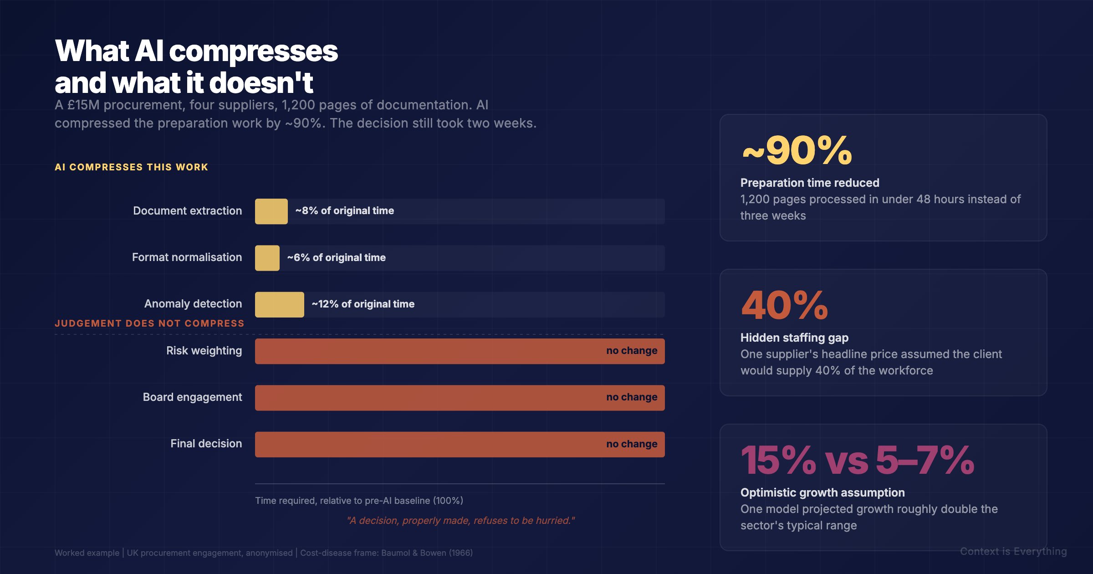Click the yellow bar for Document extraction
point(271,211)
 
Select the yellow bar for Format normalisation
point(267,258)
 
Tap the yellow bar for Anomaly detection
point(279,304)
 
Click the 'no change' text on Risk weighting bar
point(631,351)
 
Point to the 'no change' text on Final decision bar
point(631,444)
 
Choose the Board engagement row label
point(192,397)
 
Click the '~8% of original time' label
point(344,211)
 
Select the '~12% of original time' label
point(363,304)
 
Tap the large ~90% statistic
point(797,151)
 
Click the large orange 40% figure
point(784,306)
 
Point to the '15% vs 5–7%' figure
point(857,461)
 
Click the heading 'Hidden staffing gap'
point(794,338)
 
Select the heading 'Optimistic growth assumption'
point(822,492)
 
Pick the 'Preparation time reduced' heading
point(810,183)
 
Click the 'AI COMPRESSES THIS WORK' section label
point(131,167)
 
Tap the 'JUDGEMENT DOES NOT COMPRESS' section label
point(149,323)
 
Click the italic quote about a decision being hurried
point(460,521)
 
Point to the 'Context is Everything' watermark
point(1013,552)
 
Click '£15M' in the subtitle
point(83,105)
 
